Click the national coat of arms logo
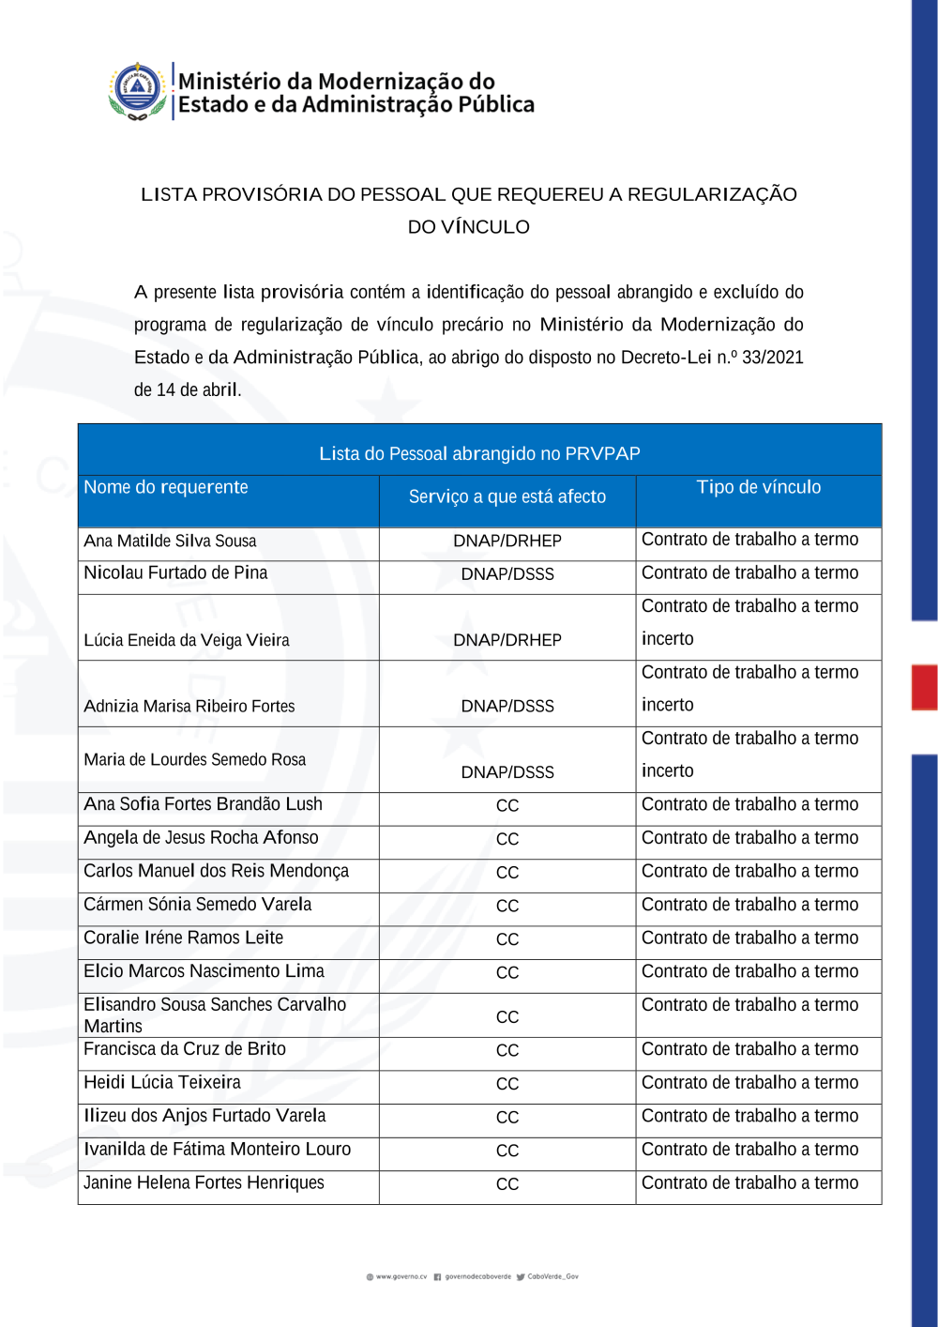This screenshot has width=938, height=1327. click(x=138, y=91)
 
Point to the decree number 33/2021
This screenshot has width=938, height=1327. click(x=772, y=358)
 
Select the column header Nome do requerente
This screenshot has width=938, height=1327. click(x=166, y=487)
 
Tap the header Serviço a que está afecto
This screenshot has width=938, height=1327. click(x=507, y=496)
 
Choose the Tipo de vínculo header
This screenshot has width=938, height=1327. click(x=758, y=487)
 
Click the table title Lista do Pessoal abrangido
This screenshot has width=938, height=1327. click(x=479, y=454)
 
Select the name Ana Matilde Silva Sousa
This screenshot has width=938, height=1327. click(x=170, y=541)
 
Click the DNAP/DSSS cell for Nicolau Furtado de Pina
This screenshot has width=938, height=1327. click(x=507, y=574)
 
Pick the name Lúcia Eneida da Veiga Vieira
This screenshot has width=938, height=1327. click(x=186, y=641)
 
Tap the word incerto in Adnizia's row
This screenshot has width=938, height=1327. click(x=667, y=705)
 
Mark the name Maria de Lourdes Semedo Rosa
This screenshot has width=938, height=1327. click(x=194, y=760)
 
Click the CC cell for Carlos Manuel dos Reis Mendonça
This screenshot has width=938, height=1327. click(x=507, y=873)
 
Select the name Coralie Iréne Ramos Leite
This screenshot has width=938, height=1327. click(x=183, y=938)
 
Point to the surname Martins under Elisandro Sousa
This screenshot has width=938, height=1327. click(x=113, y=1027)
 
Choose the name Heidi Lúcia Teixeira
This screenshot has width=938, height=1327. click(x=161, y=1082)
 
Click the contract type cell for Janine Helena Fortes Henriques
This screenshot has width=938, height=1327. click(x=749, y=1183)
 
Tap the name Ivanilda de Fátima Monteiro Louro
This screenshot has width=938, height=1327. click(x=217, y=1150)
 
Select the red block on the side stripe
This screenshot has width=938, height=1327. click(x=924, y=687)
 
